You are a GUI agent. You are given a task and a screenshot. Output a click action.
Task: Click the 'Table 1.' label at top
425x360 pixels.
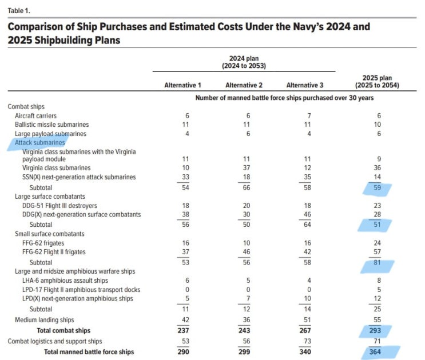pos(18,10)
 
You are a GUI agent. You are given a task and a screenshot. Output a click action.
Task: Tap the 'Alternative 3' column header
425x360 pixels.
pos(304,85)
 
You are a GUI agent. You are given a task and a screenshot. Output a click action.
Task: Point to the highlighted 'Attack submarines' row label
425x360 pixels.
pos(39,142)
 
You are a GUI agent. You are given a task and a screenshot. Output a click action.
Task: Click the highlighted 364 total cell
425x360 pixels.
pos(376,352)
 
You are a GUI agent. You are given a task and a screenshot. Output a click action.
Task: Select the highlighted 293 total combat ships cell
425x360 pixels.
pos(376,330)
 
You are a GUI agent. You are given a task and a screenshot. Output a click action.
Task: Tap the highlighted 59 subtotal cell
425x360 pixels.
pos(376,187)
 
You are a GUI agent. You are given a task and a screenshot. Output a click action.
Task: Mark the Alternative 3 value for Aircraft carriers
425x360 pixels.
pos(304,115)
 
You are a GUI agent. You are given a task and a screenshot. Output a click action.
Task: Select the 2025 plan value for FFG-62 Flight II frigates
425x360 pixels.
pos(376,251)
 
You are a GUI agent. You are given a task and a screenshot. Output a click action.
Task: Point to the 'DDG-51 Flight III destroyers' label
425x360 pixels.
pos(59,206)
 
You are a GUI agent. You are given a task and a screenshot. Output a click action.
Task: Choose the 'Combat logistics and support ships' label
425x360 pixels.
pos(55,341)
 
